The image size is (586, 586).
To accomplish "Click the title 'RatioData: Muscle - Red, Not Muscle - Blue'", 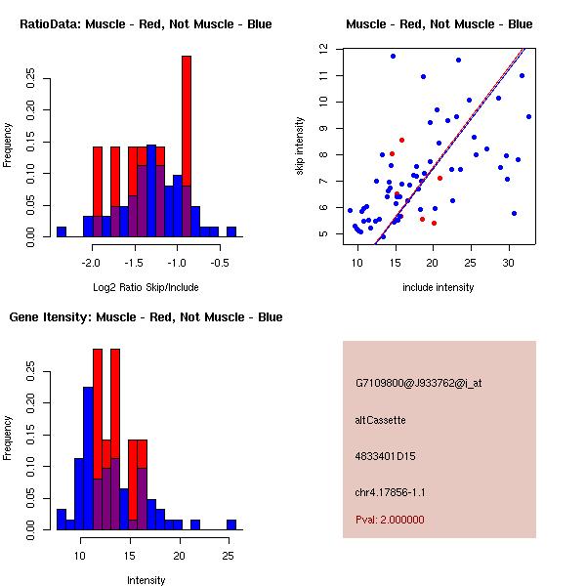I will [x=146, y=23].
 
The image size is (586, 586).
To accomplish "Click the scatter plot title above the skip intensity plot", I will [x=439, y=23].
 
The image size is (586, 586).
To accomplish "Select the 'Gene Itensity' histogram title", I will [x=146, y=317].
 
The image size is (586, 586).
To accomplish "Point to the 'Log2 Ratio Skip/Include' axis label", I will [x=146, y=287].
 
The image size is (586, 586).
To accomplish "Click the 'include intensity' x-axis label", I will [x=439, y=287].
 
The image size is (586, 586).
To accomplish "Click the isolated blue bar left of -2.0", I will [x=62, y=231].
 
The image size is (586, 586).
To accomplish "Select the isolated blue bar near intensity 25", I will [x=231, y=524].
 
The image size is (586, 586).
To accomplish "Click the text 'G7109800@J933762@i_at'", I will [x=419, y=383].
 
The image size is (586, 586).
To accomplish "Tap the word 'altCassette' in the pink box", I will [x=381, y=420].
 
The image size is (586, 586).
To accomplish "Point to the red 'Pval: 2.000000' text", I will [x=391, y=520].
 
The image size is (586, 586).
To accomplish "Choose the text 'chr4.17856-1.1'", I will [x=391, y=492].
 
